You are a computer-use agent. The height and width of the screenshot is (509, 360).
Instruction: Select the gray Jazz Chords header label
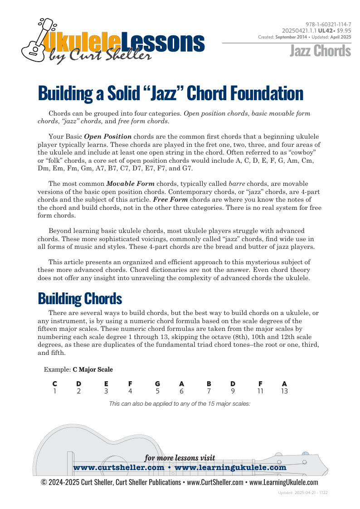[x=321, y=51]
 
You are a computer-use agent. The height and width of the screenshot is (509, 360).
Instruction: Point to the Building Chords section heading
[x=80, y=299]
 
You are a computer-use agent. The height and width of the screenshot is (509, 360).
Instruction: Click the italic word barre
[x=237, y=184]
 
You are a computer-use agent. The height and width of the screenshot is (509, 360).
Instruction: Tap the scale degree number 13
[x=284, y=391]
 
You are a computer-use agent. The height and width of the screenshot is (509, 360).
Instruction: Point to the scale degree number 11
[x=260, y=391]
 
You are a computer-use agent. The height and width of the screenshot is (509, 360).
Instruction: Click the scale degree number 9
[x=233, y=391]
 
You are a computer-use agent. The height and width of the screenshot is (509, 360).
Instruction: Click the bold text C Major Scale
[x=92, y=369]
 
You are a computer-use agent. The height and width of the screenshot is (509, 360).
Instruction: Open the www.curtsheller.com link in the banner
[x=118, y=467]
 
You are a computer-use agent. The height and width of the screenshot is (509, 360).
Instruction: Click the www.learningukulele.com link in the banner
[x=230, y=467]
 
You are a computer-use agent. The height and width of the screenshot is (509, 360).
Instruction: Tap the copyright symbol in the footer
[x=44, y=482]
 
